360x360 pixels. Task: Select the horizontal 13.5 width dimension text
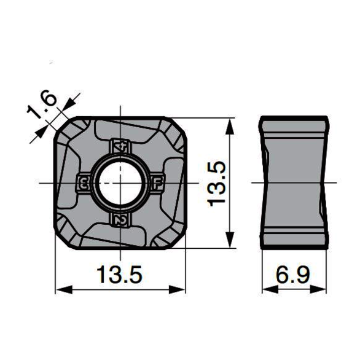click(x=119, y=275)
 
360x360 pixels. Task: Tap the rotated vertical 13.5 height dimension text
click(x=216, y=184)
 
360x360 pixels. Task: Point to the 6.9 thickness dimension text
click(x=292, y=275)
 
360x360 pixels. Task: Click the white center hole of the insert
click(x=120, y=182)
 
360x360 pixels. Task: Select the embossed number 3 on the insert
click(x=84, y=183)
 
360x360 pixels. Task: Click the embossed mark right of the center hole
click(x=158, y=183)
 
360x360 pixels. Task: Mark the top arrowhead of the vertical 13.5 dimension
click(x=230, y=127)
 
